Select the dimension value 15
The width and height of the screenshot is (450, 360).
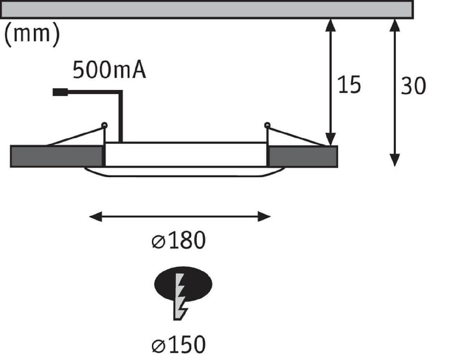[x=349, y=85]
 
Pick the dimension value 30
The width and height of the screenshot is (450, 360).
[x=413, y=86]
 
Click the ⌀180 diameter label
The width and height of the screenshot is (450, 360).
[x=179, y=241]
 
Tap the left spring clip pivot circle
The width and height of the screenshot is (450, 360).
[x=104, y=125]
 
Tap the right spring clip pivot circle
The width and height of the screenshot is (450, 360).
[x=267, y=125]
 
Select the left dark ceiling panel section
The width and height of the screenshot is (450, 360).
[x=56, y=156]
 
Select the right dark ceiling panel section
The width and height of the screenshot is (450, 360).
[x=303, y=156]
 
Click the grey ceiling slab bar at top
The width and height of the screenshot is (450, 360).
[x=206, y=9]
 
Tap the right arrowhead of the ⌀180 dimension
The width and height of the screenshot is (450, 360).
[x=265, y=217]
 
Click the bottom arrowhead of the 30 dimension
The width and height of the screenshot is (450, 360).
[x=394, y=160]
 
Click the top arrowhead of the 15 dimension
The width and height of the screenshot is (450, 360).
[x=330, y=24]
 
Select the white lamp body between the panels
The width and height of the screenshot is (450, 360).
[x=186, y=154]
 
